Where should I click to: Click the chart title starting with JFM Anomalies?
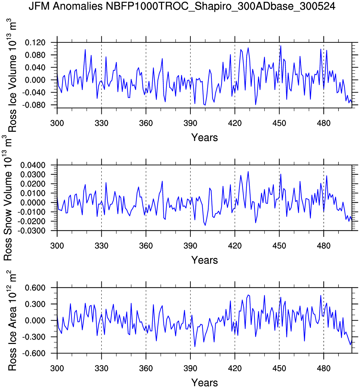[x=182, y=6]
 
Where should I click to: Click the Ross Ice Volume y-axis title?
[x=12, y=76]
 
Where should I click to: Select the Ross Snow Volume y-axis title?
[x=8, y=198]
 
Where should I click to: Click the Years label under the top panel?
[x=204, y=137]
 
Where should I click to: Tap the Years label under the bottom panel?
[x=204, y=383]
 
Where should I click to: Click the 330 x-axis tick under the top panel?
[x=101, y=123]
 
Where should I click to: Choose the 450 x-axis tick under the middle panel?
[x=279, y=245]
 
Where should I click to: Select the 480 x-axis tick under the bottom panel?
[x=324, y=368]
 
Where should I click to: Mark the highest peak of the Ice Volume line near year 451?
[x=281, y=46]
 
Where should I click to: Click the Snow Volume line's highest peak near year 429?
[x=248, y=171]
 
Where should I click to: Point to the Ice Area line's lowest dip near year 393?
[x=195, y=347]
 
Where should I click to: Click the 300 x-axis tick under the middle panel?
[x=57, y=245]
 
